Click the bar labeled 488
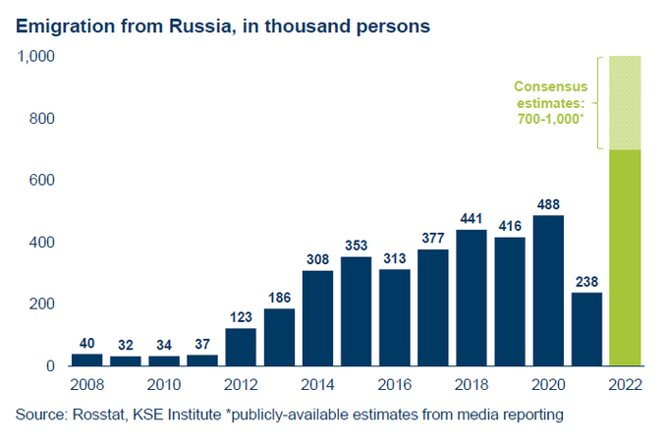click(x=548, y=290)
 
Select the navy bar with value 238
click(x=586, y=328)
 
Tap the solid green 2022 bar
click(x=625, y=256)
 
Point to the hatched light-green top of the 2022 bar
click(x=625, y=102)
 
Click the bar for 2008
click(x=87, y=359)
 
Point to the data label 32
click(x=126, y=346)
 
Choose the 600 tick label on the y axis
click(x=42, y=181)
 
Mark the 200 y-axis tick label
click(x=42, y=305)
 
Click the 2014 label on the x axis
click(x=317, y=383)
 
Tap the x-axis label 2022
click(x=625, y=383)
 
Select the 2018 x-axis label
click(x=472, y=383)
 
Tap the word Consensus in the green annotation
click(x=551, y=85)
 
